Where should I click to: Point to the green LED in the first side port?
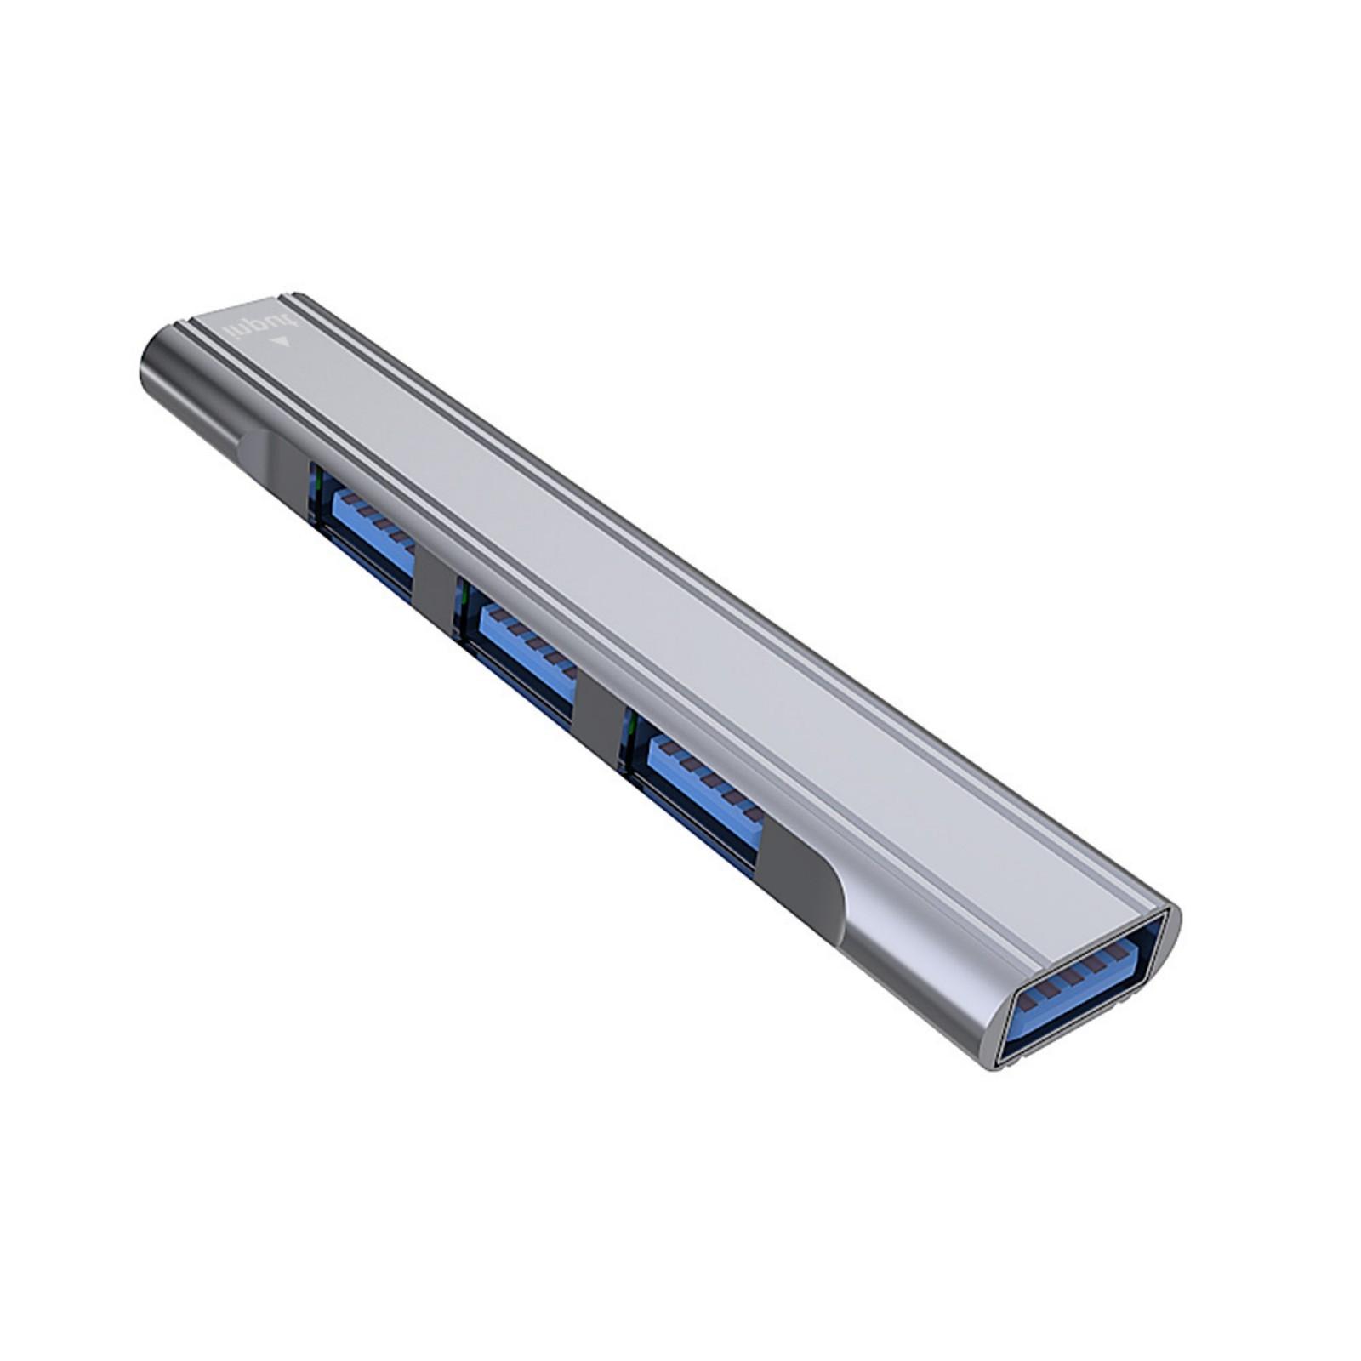[x=317, y=487]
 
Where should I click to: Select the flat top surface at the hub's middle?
[x=646, y=595]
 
